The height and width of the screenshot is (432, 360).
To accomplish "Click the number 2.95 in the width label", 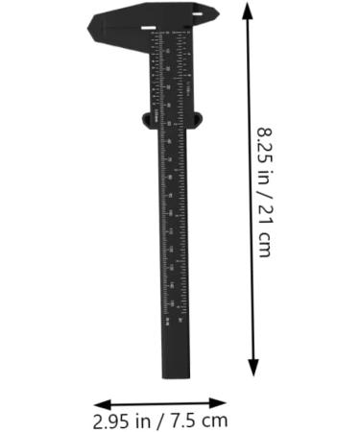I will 110,420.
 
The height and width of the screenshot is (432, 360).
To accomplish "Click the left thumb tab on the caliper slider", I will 147,119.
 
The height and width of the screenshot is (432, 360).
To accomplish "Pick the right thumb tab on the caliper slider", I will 199,119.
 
